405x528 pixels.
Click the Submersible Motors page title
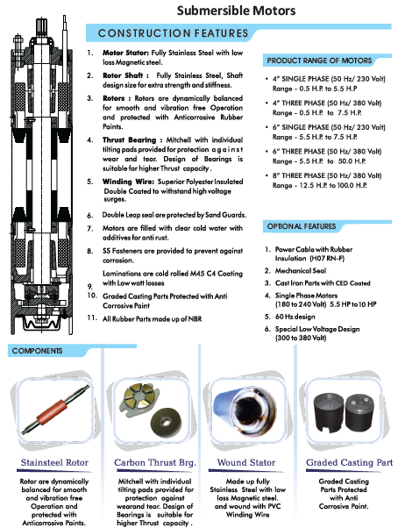236,11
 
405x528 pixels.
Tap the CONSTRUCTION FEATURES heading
173,33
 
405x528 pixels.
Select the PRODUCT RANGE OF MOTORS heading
319,61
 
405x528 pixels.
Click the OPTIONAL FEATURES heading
302,226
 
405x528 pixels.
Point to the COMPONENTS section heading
37,351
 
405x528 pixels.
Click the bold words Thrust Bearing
129,139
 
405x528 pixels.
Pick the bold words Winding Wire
128,182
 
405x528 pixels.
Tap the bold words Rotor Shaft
123,75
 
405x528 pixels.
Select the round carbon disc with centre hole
166,421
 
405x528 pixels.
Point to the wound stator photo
245,410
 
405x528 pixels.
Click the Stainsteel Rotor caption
54,463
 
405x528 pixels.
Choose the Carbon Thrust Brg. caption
155,463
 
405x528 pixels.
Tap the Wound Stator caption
246,463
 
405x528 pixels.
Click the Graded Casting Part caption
350,463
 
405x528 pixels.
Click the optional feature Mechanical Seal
301,271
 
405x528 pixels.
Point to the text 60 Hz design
295,317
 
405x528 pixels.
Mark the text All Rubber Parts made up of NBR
153,319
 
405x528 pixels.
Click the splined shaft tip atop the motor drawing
42,27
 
